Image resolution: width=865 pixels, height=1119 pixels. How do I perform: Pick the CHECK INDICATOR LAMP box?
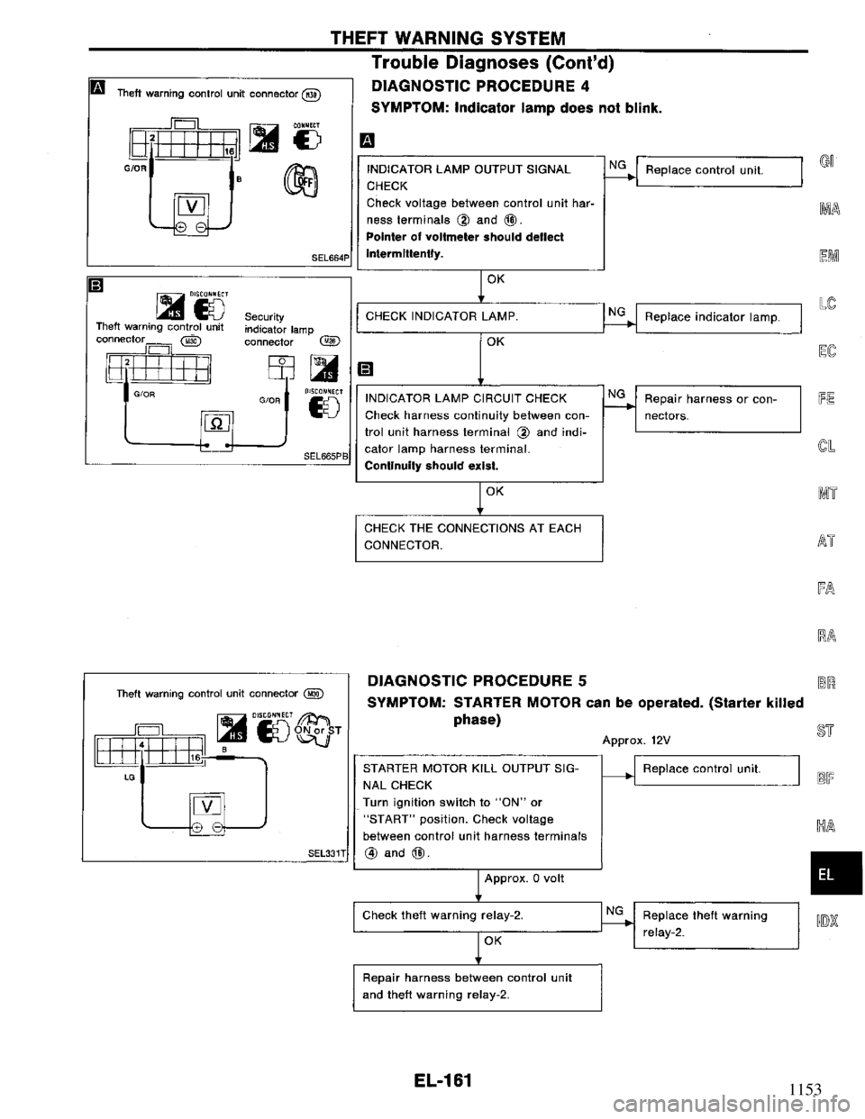(x=478, y=316)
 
